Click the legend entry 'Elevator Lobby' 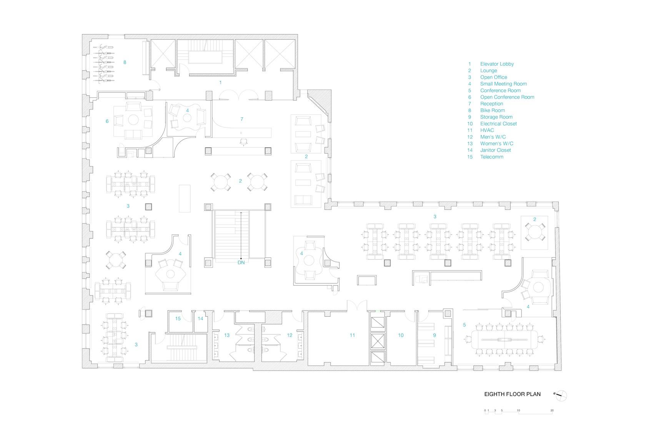pos(497,64)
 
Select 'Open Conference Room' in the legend pos(507,97)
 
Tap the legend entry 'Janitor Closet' pos(495,150)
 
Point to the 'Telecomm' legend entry pos(492,157)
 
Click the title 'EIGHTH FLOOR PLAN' pos(512,394)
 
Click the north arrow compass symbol pos(560,395)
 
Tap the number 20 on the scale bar pos(552,411)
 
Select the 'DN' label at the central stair pos(241,263)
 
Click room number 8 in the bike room pos(125,62)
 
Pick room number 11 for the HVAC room pos(352,336)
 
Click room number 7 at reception pos(241,119)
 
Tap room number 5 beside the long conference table pos(465,325)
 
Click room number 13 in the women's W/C pos(227,336)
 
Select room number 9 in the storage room pos(435,336)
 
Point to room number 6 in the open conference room pos(107,121)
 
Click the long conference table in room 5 pos(504,339)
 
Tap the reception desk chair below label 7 pos(243,142)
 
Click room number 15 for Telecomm pos(178,319)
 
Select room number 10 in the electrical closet pos(401,336)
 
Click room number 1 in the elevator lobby pos(220,83)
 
